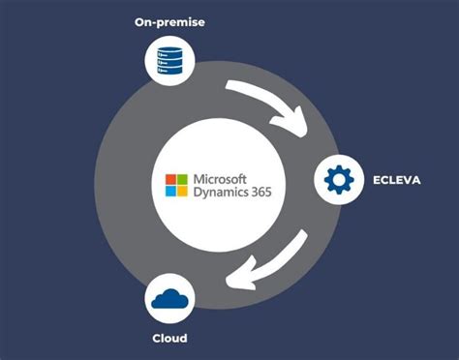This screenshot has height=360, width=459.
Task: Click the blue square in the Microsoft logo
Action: click(x=172, y=191)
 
